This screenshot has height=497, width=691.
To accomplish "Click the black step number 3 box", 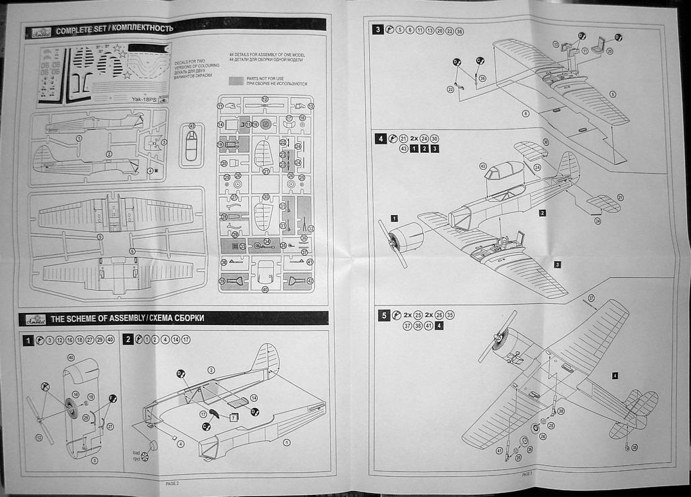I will (378, 30).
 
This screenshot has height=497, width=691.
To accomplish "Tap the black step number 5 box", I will (383, 315).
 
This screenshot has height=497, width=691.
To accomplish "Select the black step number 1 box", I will (28, 341).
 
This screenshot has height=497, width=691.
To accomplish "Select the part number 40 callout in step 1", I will (71, 357).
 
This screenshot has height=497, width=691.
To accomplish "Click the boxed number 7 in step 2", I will (233, 418).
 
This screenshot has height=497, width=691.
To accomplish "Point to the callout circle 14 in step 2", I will (254, 398).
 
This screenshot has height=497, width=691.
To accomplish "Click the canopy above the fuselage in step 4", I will (503, 171).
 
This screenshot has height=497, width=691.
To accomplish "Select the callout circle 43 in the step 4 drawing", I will (482, 166).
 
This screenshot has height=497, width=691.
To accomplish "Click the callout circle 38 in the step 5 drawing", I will (561, 411).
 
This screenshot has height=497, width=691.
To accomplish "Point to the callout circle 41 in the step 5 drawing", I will (500, 450).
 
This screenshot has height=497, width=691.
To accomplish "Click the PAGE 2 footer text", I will (172, 483).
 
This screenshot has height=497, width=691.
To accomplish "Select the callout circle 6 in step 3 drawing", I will (526, 113).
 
